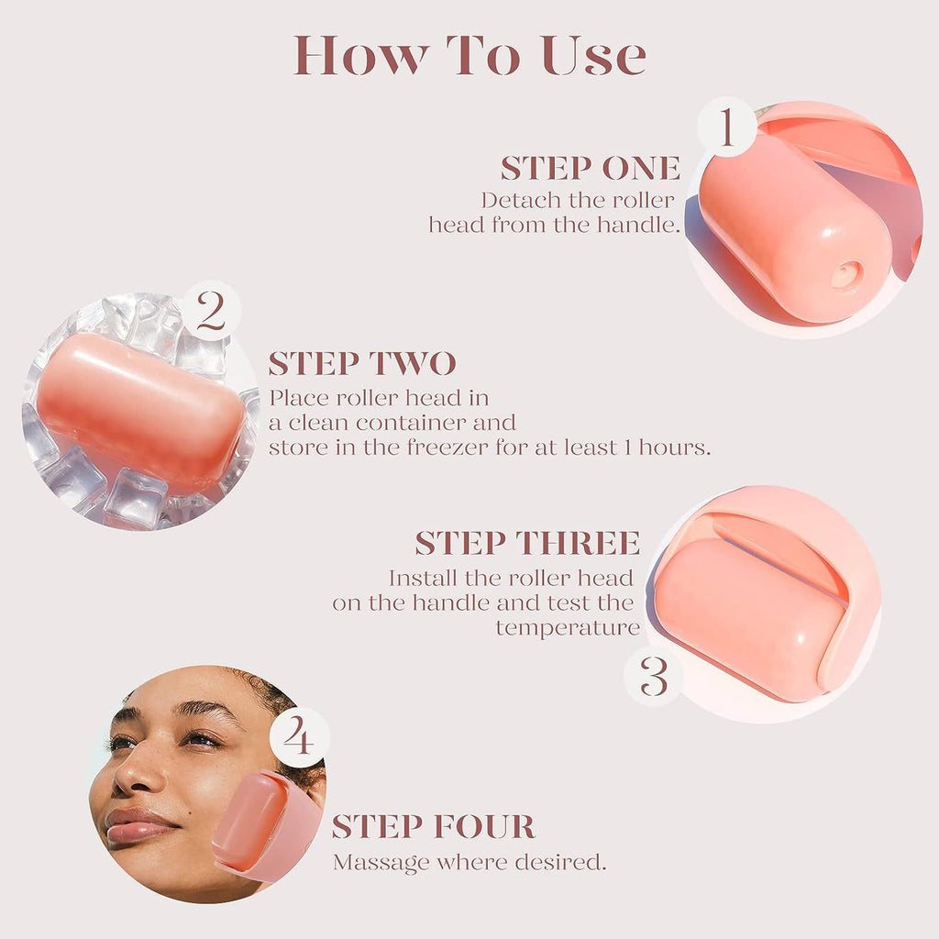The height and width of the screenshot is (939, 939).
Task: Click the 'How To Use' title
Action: coord(469,57)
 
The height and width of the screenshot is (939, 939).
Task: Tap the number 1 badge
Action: coord(726,128)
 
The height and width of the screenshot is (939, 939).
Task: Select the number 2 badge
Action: coord(211,312)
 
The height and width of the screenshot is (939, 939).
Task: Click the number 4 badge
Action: coord(299,736)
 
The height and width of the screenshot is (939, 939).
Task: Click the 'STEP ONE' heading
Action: coord(591,169)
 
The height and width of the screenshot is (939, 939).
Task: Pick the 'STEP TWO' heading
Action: coord(362,364)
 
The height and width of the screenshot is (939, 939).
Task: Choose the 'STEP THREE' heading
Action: coord(527,543)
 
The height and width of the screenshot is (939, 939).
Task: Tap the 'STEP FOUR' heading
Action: coord(434,826)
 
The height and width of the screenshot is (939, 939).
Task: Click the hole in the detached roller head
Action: coord(845,273)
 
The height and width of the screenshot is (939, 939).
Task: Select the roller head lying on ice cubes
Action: coord(139,411)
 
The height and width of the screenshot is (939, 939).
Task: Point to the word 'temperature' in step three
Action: coord(568,628)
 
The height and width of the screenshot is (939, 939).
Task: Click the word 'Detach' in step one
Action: coord(514,200)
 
